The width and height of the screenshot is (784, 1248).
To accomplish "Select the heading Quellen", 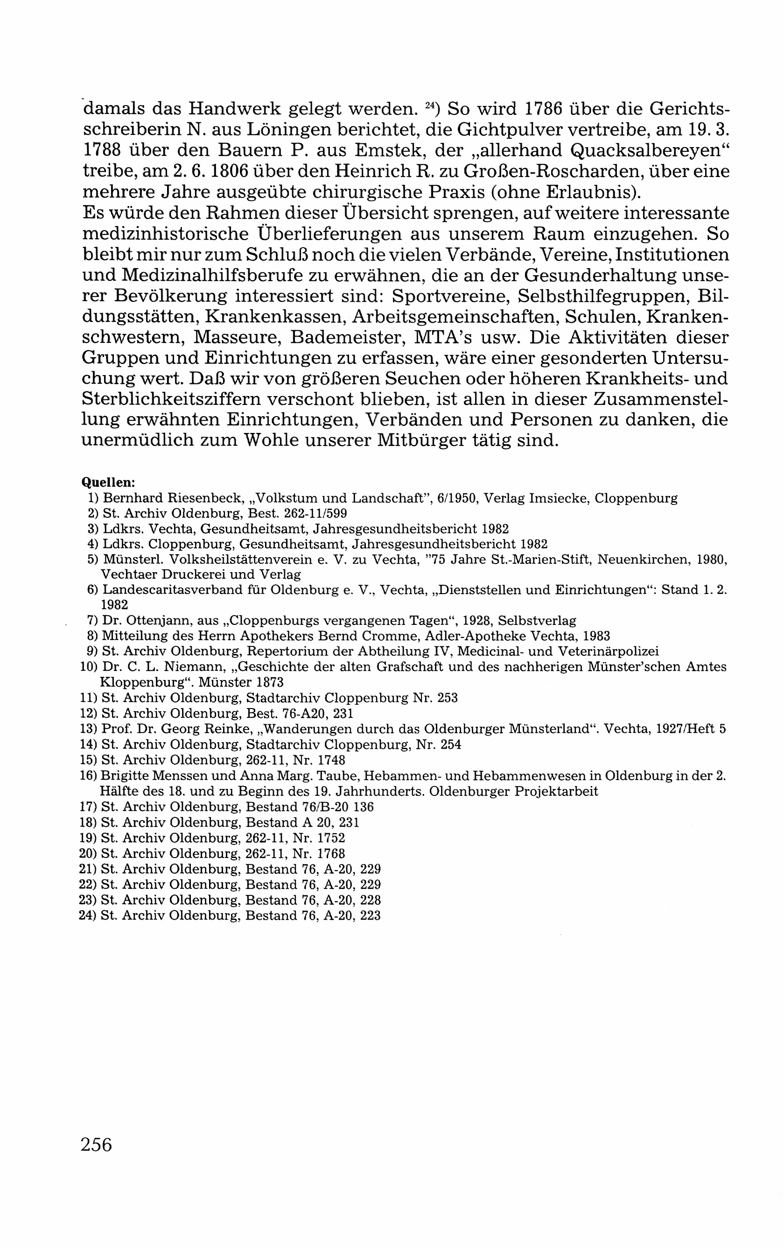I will (x=108, y=482).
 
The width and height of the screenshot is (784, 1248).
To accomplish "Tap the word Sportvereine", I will (x=449, y=296).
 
